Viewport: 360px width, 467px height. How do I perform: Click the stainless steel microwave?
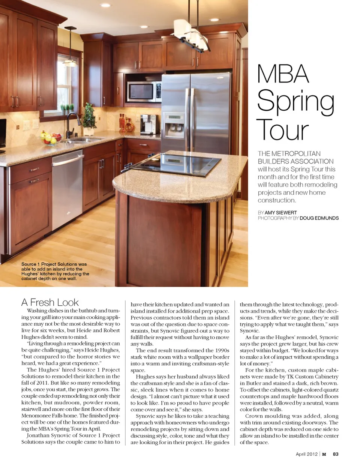point(144,92)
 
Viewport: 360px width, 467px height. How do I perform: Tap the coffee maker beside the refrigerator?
point(149,124)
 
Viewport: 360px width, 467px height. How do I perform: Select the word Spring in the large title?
point(295,102)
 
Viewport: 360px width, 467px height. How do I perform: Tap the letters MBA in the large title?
point(283,74)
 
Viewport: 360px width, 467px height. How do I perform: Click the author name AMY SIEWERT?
point(280,212)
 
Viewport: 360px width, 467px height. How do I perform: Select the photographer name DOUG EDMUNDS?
point(319,218)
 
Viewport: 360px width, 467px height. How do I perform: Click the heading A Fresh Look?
point(50,302)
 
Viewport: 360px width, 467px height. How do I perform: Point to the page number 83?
point(336,454)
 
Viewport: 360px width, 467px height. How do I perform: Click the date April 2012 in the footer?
point(306,454)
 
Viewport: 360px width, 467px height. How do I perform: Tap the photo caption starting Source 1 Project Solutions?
point(55,271)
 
